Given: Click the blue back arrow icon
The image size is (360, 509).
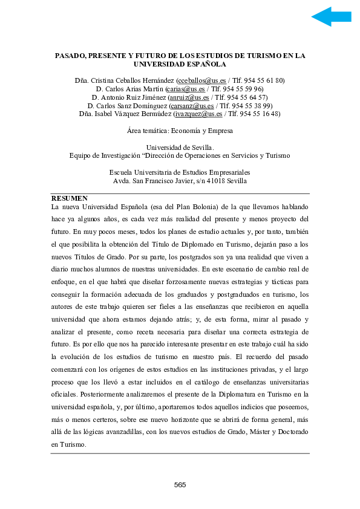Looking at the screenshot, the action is [x=331, y=17].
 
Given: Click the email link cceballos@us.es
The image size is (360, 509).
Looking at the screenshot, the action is [x=199, y=80].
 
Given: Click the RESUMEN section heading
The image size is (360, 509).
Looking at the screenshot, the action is [x=70, y=198].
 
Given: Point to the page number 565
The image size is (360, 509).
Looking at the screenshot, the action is [x=180, y=485].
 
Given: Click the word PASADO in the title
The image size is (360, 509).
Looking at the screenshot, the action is [x=70, y=55].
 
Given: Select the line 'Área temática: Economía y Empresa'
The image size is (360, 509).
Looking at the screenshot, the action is [x=180, y=130].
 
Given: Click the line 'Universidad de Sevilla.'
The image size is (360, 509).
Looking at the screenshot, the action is [x=180, y=147].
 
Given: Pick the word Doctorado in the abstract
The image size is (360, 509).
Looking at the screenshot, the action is [x=287, y=433].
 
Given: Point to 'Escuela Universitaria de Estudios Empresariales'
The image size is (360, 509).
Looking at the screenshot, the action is [x=180, y=172].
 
